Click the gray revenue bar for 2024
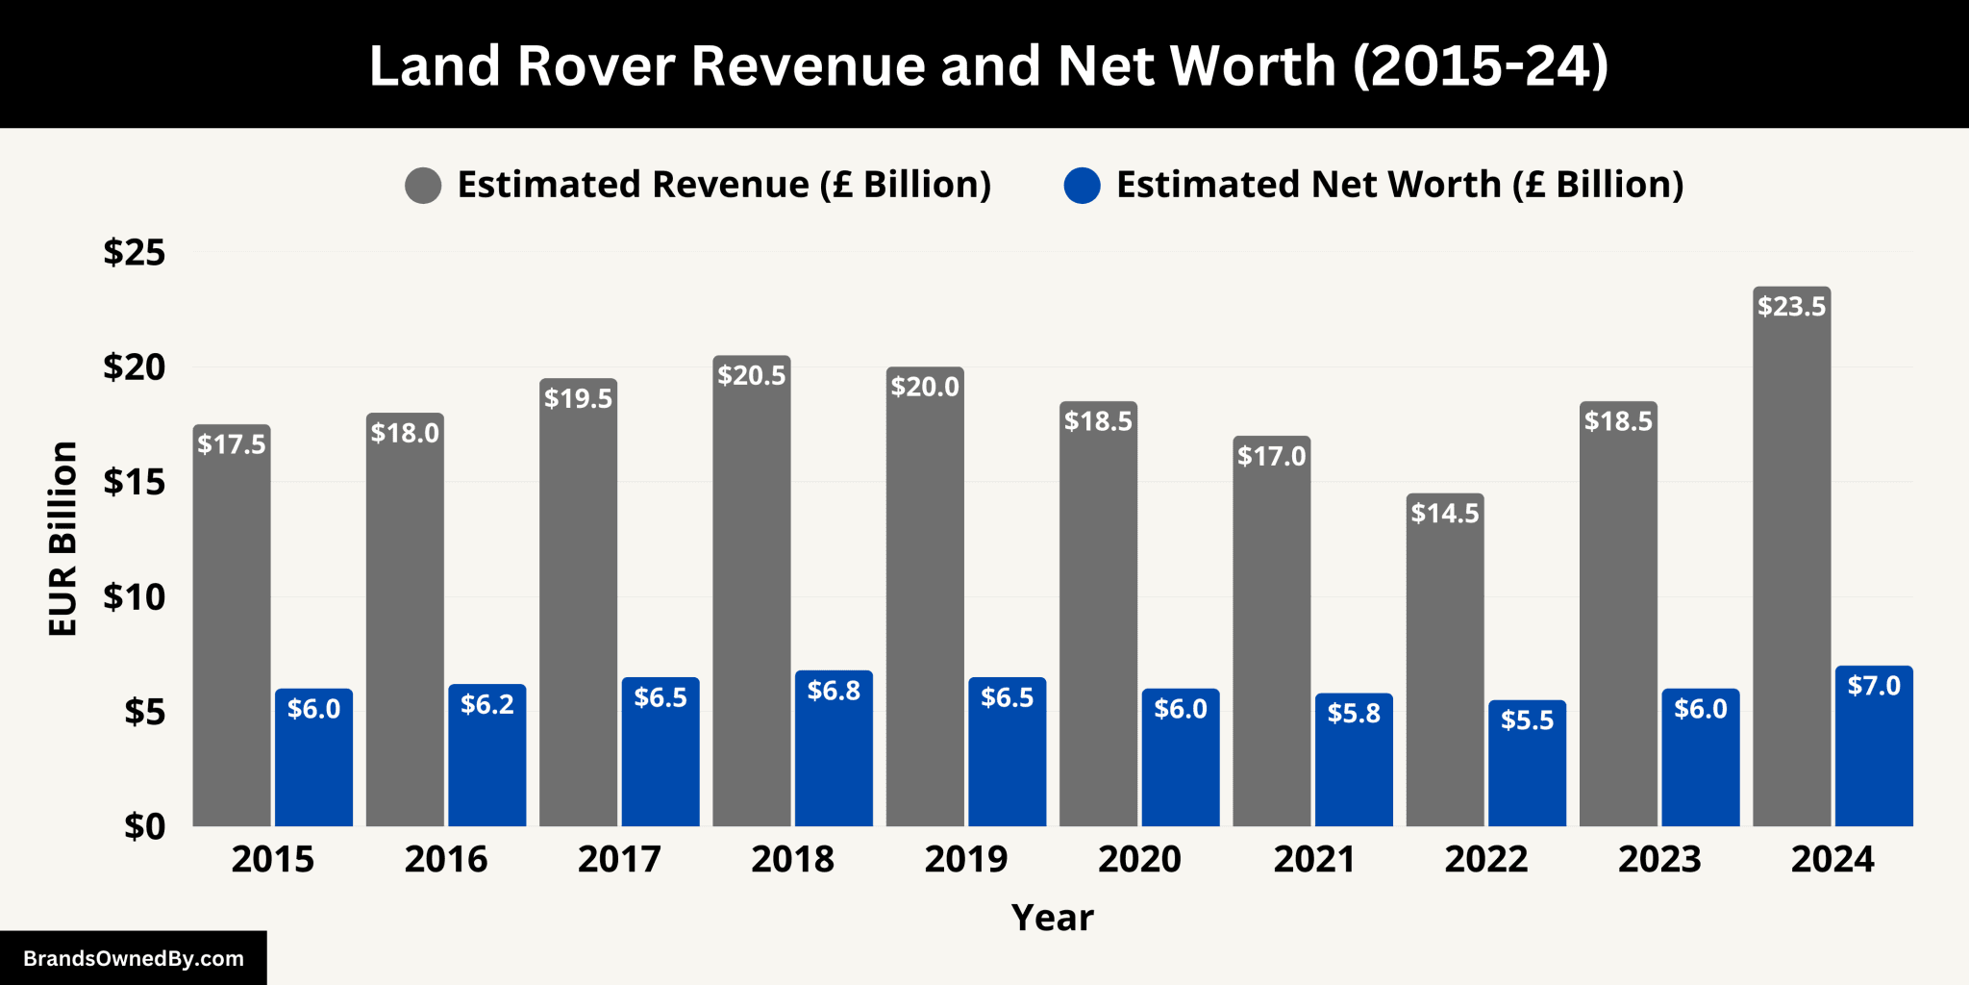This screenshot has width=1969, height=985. [1791, 577]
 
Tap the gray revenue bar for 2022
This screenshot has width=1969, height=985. [1444, 673]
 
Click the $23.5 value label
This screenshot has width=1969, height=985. [1791, 307]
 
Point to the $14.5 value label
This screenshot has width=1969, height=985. [1444, 514]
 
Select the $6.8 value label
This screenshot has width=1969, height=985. [834, 691]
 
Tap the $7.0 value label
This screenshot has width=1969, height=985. [1874, 686]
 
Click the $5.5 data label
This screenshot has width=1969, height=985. [1527, 720]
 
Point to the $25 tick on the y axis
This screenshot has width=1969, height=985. [135, 253]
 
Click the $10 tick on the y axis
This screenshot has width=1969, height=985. [135, 597]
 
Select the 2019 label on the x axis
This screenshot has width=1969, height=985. [965, 859]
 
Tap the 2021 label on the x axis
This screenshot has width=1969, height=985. [1313, 859]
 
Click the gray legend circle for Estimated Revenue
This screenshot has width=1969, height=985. [423, 185]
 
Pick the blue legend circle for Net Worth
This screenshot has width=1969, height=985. [1082, 185]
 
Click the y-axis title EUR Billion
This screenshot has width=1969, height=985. [63, 539]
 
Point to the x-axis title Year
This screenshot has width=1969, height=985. [1052, 918]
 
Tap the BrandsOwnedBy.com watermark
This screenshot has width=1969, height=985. [134, 958]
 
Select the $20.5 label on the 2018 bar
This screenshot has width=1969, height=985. [751, 375]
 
